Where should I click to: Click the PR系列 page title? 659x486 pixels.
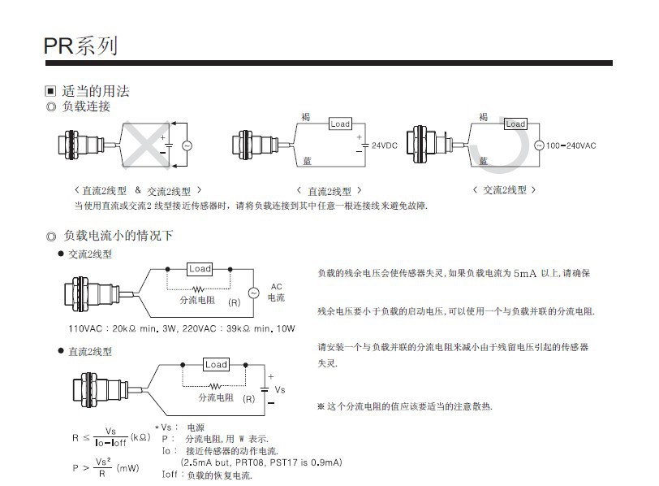coord(80,46)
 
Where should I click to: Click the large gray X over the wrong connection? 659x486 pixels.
coord(150,145)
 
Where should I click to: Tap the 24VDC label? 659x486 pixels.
coord(384,146)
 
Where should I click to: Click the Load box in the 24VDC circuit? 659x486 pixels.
coord(340,124)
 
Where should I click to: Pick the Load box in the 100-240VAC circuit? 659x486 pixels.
coord(515,124)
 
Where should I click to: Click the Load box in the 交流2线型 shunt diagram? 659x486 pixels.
coord(200,269)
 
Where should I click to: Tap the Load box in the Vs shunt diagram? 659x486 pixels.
coord(216,365)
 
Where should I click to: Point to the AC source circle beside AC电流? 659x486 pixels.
coord(252,293)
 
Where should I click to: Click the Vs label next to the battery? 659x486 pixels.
coord(280,390)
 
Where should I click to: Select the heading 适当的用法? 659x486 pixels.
coord(96,91)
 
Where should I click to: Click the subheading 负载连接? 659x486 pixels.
coord(86,106)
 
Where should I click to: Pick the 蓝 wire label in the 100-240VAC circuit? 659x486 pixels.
coord(484,161)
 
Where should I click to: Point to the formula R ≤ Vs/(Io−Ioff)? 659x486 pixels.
coord(111,437)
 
